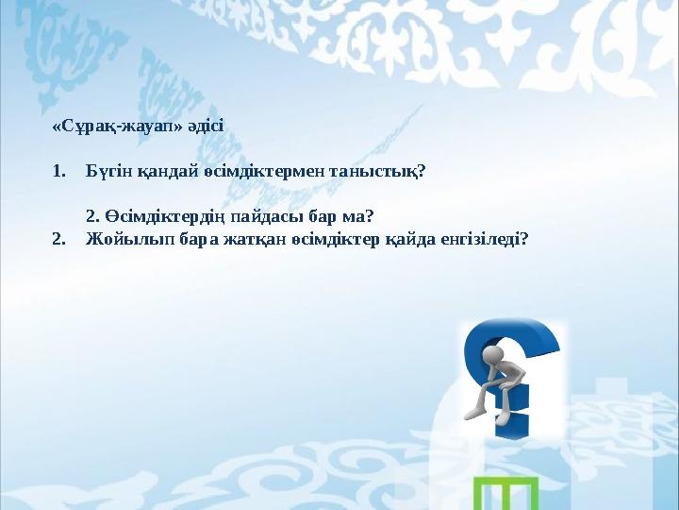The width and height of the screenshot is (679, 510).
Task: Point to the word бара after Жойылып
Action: (x=176, y=239)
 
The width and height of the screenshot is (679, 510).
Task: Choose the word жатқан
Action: (x=231, y=239)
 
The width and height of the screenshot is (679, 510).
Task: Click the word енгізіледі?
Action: (x=484, y=239)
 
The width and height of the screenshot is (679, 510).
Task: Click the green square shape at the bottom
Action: (x=505, y=493)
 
